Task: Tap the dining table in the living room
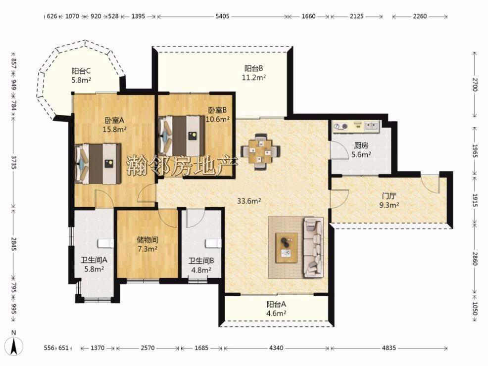260,151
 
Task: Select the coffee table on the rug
287,245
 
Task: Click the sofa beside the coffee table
313,247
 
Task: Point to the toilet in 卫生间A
105,243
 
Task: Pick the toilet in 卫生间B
213,243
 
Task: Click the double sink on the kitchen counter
372,126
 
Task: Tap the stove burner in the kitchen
341,126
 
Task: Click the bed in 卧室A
98,163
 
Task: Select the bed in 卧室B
182,136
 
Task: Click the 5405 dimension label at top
222,16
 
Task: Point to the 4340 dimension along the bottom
276,348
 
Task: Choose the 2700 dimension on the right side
474,84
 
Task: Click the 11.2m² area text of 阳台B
253,78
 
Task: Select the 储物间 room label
147,240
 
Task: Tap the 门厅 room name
389,196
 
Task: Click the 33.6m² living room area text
249,201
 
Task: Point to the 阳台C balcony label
81,71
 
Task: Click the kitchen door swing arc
342,150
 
